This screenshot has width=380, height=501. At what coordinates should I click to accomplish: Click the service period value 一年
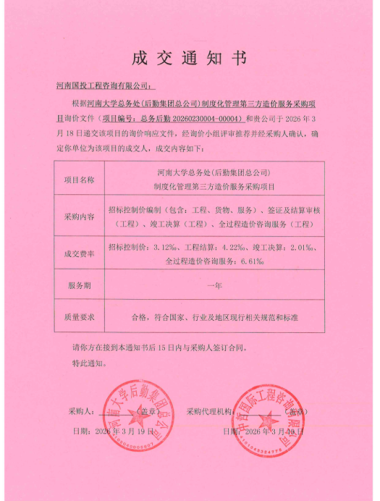pos(214,285)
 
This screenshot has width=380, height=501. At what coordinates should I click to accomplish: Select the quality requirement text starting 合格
pos(214,316)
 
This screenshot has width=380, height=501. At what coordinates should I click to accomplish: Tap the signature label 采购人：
pos(81,411)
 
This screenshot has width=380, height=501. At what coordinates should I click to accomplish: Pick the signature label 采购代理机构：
pos(209,411)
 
